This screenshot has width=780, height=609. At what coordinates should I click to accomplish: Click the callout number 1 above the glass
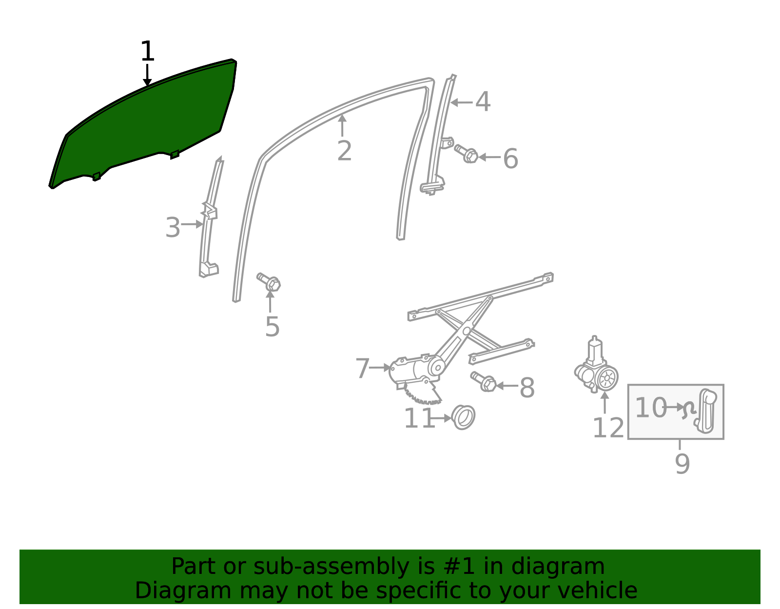148,51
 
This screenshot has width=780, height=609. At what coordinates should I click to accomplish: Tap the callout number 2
344,151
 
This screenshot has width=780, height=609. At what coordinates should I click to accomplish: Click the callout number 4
483,101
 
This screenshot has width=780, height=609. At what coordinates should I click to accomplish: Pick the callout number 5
272,327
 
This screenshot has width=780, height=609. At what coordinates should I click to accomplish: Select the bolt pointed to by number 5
269,282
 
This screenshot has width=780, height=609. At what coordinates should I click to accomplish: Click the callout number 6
511,158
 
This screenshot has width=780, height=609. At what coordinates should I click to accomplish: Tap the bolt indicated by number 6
466,154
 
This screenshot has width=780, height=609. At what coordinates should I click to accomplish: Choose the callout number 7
363,368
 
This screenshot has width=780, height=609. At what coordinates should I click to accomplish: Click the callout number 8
527,388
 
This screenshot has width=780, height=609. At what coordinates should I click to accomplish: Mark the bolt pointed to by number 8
483,382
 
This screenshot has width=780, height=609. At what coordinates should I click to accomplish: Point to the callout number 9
682,464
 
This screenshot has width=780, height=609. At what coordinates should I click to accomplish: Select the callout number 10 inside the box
651,408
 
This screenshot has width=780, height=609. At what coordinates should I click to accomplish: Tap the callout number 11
419,418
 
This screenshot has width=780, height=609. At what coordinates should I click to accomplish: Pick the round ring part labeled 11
463,417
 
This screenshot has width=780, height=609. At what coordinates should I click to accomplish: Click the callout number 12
608,428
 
